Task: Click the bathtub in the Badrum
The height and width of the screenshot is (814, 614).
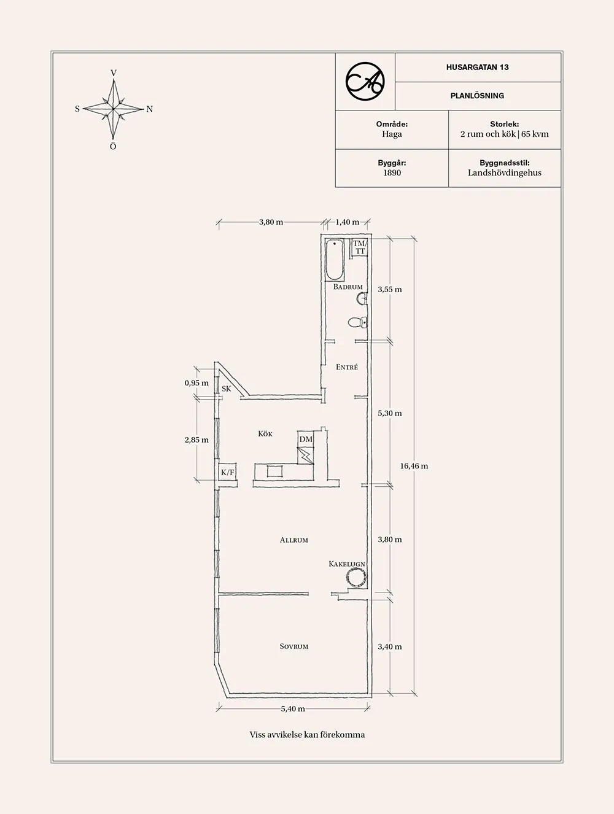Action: click(x=335, y=259)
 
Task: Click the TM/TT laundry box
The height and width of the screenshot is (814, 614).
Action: click(x=360, y=247)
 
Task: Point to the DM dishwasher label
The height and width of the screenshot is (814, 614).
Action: click(x=306, y=439)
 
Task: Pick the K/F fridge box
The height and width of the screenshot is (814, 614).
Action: click(x=228, y=472)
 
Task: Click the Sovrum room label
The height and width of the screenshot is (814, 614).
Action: click(x=294, y=647)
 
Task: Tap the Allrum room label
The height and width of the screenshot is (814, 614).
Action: click(x=294, y=540)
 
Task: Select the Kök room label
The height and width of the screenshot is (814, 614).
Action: click(x=265, y=433)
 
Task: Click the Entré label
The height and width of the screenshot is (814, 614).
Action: click(x=347, y=367)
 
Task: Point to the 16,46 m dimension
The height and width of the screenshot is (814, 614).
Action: click(x=414, y=466)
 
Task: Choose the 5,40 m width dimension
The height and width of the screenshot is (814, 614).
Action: click(x=293, y=709)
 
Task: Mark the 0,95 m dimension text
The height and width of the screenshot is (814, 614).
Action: click(x=196, y=383)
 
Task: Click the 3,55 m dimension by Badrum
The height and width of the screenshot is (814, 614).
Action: click(x=390, y=290)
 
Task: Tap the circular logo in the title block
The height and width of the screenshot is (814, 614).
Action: click(x=365, y=82)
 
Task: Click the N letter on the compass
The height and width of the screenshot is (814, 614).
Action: click(x=149, y=109)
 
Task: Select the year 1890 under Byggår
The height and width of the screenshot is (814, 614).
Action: click(x=392, y=173)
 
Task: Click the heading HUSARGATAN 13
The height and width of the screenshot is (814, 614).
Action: click(x=478, y=67)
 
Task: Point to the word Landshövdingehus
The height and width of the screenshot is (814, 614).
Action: click(x=505, y=173)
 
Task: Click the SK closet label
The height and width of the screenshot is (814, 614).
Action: click(x=226, y=389)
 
